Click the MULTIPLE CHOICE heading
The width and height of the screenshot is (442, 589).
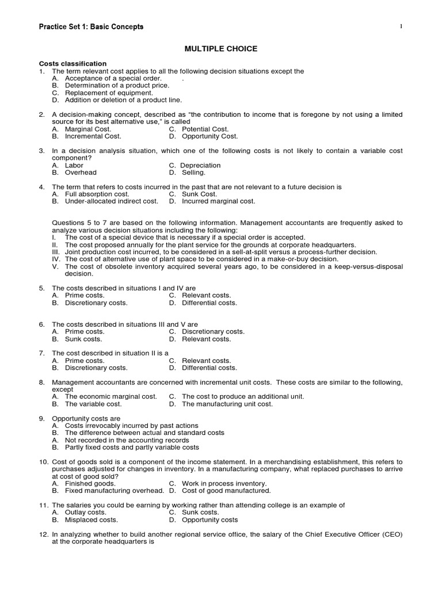[x=221, y=49]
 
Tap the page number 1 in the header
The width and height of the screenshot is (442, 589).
[x=401, y=26]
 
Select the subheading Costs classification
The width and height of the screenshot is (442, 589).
[x=73, y=63]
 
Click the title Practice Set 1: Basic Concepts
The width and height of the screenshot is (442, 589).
[x=91, y=27]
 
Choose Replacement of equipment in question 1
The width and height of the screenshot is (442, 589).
[x=109, y=93]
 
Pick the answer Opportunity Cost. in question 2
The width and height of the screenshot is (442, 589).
[x=209, y=136]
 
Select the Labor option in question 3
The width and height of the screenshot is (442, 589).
[x=74, y=165]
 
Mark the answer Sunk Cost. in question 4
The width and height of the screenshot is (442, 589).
[x=199, y=194]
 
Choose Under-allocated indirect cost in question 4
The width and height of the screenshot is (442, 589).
[x=111, y=201]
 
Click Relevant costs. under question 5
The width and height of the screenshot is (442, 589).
[x=206, y=296]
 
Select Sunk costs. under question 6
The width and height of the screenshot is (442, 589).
[x=83, y=339]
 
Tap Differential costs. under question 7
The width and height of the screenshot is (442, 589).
[x=209, y=368]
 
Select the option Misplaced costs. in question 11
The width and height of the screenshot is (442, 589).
[x=91, y=519]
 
